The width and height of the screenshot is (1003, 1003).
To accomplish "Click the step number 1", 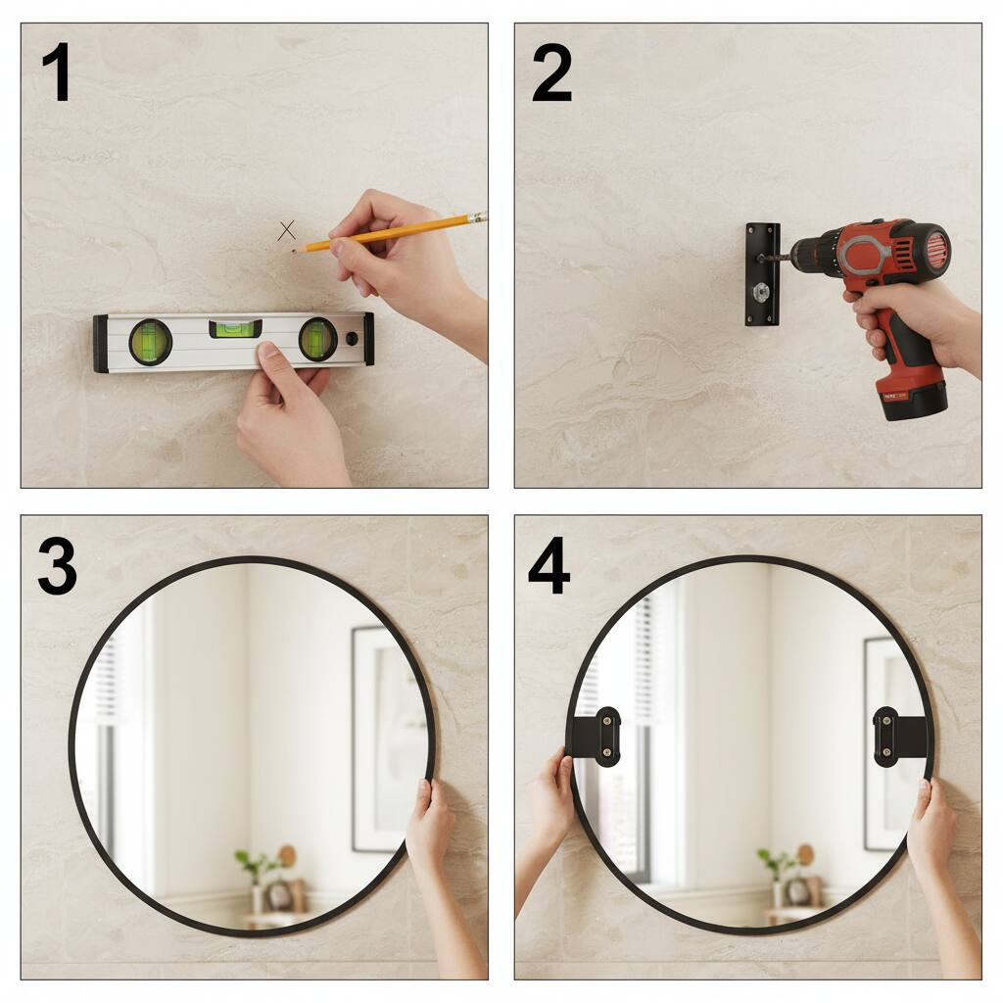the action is (56, 72).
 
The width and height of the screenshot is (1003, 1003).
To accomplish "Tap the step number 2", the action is (551, 72).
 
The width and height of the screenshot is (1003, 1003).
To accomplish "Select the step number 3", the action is (58, 566).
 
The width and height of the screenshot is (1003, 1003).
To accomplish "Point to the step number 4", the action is (549, 566).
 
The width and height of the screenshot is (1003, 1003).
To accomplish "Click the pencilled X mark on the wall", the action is (287, 230).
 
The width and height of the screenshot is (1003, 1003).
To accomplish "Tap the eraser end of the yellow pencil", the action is (477, 217).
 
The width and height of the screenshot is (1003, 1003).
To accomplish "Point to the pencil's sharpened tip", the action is (295, 251).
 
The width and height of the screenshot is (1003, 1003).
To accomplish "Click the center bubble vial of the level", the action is (235, 329).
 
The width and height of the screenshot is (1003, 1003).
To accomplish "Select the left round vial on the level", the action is (150, 342).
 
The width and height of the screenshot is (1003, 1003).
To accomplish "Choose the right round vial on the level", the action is (318, 339).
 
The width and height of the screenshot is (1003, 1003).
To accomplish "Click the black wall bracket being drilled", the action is (762, 274).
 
